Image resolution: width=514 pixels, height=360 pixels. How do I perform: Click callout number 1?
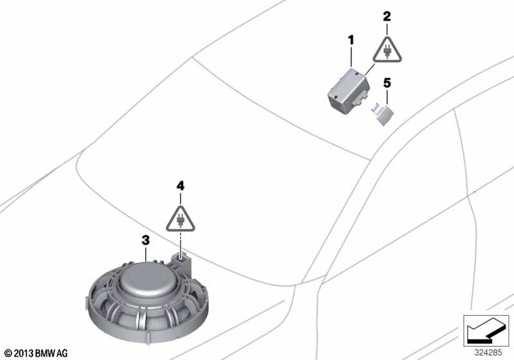coord(351,40)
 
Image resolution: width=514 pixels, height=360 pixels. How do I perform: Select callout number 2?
coord(387,16)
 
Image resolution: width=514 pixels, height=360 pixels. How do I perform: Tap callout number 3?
coord(146,240)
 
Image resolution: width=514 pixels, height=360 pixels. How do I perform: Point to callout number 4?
coord(181,186)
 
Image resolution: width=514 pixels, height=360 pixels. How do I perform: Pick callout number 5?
coord(387,83)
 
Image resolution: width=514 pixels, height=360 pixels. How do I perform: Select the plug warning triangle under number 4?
coord(181,219)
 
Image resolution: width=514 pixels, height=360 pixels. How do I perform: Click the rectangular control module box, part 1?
coord(349,91)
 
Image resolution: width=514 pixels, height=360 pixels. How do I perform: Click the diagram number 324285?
coord(488,353)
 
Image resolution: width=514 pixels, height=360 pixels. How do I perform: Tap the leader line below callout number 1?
coord(351,57)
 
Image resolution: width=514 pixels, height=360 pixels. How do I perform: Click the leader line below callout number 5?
coord(387,97)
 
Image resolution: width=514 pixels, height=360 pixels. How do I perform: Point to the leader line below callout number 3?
coord(146,255)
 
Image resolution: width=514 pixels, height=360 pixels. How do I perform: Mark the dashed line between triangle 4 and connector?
coord(181,242)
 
